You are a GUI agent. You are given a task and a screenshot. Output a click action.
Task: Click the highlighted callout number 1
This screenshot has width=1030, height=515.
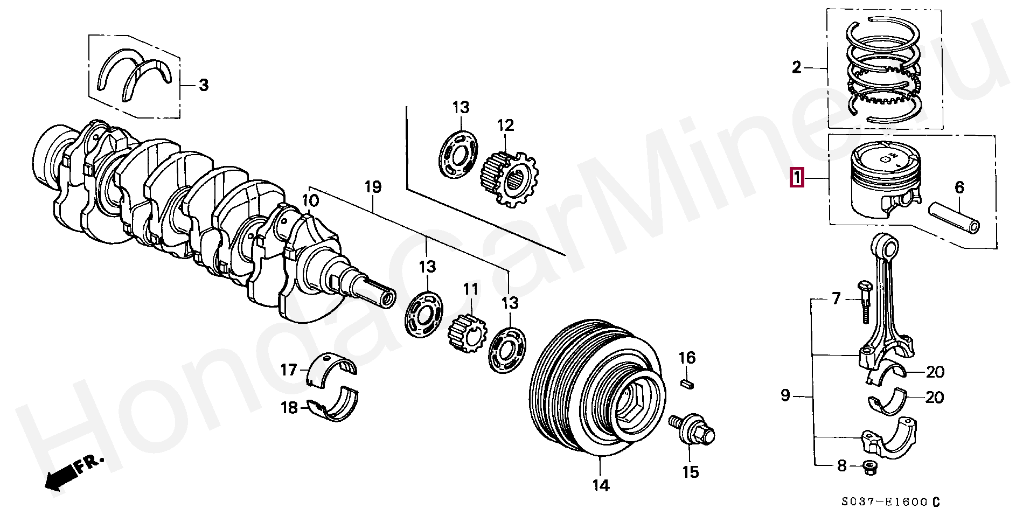click(x=796, y=178)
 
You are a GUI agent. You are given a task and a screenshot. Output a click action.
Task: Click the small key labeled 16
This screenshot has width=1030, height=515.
click(x=687, y=383)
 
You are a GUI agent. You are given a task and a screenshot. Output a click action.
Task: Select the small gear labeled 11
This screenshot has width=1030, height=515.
click(x=468, y=335)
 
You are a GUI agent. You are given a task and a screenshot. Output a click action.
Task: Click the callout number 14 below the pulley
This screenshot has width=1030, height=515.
click(x=601, y=485)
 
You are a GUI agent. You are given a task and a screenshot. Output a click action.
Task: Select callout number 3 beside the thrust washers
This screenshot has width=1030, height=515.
click(x=203, y=85)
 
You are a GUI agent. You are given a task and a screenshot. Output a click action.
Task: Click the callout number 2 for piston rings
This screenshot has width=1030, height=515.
click(x=797, y=68)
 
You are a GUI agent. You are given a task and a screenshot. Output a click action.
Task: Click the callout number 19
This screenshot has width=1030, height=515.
click(x=373, y=187)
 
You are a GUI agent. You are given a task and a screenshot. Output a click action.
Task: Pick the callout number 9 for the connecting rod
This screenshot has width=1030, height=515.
click(x=785, y=396)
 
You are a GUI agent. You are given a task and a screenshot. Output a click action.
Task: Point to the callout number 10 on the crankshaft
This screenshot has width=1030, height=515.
click(x=310, y=201)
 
